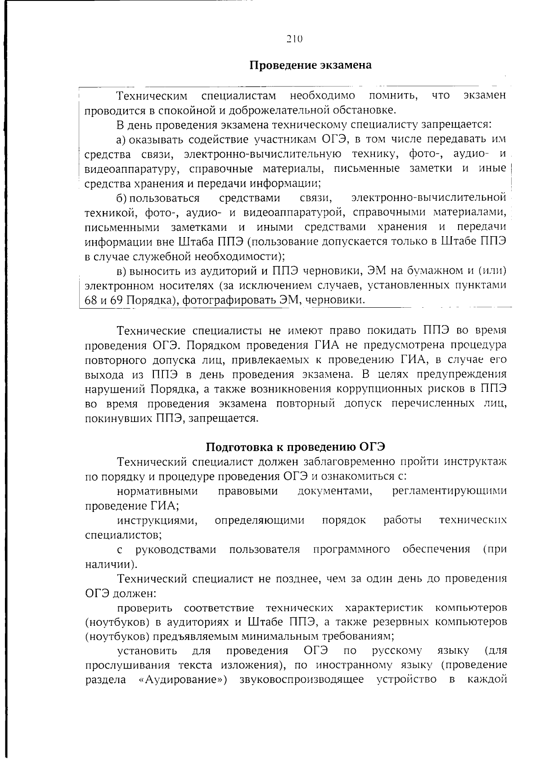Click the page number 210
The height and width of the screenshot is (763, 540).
pos(294,39)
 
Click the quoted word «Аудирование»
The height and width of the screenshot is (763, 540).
pos(180,680)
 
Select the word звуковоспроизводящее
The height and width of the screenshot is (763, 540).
pos(301,680)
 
